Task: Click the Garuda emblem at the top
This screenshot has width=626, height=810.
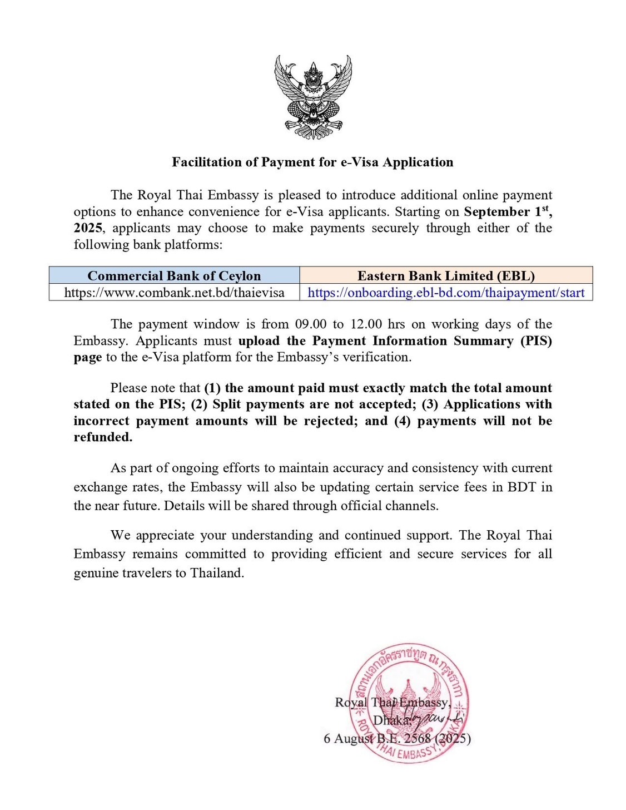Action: (313, 97)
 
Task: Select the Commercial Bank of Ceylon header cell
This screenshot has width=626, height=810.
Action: (174, 276)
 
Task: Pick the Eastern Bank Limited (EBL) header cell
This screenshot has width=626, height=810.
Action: (446, 276)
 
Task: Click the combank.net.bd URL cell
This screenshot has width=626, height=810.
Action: (174, 293)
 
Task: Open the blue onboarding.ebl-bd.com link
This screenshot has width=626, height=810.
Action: (446, 293)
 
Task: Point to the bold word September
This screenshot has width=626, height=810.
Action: (497, 212)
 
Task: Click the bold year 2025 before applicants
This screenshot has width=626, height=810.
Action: (88, 228)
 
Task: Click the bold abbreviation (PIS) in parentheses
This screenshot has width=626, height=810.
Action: (536, 341)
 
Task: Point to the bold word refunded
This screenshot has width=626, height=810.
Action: (103, 437)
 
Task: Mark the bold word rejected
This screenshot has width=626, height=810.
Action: (330, 421)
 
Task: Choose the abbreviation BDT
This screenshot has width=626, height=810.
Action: (521, 487)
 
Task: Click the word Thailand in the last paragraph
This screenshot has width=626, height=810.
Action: (217, 573)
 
